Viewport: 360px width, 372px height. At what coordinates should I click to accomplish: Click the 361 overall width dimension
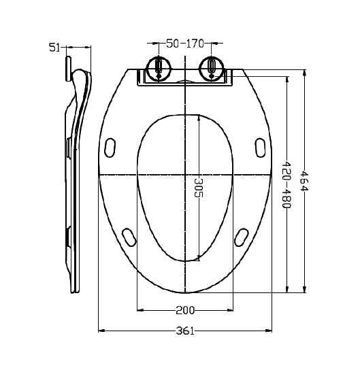coord(185,331)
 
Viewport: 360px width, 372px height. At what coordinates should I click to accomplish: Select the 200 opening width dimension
coord(185,310)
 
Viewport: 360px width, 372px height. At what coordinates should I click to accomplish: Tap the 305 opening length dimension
coord(199,188)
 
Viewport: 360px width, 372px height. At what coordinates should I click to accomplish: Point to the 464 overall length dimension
coord(304,180)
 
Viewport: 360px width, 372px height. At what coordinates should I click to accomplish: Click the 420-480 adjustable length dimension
coord(287,185)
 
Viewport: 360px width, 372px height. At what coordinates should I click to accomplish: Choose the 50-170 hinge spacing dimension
coord(185,44)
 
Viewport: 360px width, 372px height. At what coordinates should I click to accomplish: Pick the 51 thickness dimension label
coord(54,48)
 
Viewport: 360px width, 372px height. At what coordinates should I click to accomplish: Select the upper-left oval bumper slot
coord(110,148)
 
